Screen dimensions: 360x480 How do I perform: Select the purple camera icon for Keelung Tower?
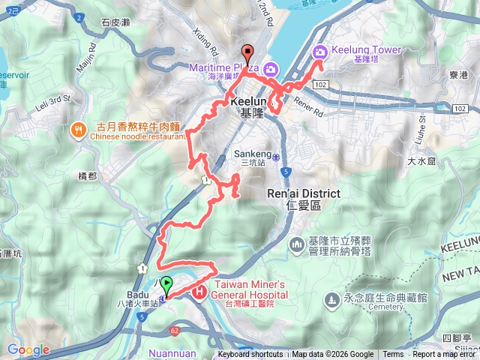coord(319,52)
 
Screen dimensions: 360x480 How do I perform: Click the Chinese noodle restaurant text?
coord(137,137)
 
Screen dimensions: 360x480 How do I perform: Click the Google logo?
coord(28,349)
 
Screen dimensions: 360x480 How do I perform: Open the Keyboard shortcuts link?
coord(250,355)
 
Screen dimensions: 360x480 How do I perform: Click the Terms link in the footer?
coord(393,355)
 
